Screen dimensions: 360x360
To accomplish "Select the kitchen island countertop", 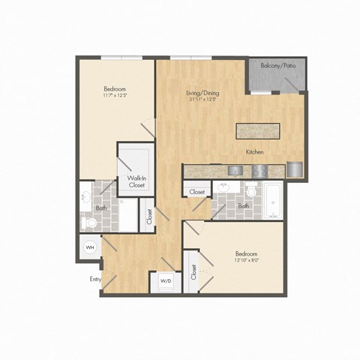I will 257,130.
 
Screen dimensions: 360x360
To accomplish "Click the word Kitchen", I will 255,152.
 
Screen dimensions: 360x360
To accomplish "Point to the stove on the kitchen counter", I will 259,171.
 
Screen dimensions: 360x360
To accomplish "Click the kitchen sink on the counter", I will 234,171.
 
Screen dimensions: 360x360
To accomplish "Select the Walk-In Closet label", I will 136,181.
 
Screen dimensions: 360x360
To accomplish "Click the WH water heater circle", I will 89,247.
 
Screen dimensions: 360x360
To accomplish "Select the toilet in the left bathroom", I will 89,223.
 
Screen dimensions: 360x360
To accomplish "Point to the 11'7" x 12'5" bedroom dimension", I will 115,96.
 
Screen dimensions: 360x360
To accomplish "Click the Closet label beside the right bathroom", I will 197,192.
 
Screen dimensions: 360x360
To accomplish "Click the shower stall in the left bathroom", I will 128,216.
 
